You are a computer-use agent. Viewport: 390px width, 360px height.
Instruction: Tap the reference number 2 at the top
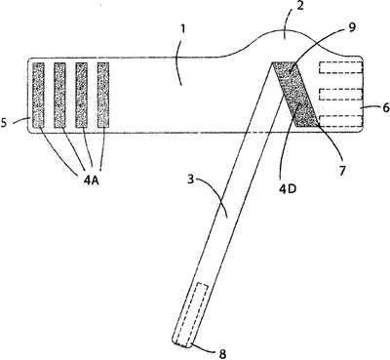click(300, 6)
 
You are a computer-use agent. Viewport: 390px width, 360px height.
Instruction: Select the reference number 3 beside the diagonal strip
click(192, 180)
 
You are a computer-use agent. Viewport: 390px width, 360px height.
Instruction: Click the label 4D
click(288, 188)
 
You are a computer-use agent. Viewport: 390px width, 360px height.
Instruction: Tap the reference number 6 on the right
click(386, 108)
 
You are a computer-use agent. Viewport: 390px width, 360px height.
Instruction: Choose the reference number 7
click(342, 170)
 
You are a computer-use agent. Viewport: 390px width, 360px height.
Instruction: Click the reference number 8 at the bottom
click(222, 354)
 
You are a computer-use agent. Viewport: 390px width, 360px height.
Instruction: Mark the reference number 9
click(352, 27)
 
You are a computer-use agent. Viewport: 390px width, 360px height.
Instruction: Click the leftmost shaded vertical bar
click(38, 95)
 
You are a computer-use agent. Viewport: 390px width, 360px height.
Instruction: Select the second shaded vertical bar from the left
click(59, 95)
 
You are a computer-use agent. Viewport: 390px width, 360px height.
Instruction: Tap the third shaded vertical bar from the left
click(81, 95)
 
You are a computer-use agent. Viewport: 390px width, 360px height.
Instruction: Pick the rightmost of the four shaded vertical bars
click(103, 95)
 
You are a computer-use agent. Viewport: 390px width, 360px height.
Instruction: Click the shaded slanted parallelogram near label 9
click(294, 94)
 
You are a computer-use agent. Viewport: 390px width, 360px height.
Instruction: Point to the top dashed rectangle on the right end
click(341, 67)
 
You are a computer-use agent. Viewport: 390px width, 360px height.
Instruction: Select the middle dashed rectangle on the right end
click(341, 94)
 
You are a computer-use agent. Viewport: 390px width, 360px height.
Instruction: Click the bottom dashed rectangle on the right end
click(341, 120)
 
